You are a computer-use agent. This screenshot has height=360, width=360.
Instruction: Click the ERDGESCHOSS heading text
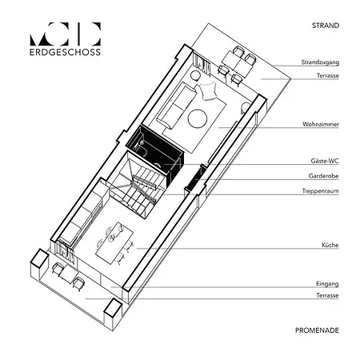click(65, 52)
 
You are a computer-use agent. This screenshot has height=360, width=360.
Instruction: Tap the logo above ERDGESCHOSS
click(65, 34)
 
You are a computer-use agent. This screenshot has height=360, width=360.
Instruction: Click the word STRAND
click(326, 26)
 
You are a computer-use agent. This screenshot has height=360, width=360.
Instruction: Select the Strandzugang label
click(320, 62)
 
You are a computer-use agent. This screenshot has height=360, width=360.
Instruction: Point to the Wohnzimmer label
click(321, 124)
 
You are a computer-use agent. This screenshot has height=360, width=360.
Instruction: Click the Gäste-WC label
click(325, 161)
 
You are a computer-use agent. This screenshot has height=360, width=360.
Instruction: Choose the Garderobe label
click(323, 176)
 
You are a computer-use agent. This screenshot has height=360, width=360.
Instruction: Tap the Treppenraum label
click(320, 191)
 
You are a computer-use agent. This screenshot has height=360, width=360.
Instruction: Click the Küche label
click(330, 245)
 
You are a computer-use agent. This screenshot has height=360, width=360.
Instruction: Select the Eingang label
click(327, 284)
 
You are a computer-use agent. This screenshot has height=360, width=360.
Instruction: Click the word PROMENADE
click(317, 330)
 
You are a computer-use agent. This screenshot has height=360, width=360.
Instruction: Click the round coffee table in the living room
click(198, 118)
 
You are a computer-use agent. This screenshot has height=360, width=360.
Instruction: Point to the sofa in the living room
click(176, 106)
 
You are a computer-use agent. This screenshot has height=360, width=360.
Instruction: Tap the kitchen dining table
click(114, 242)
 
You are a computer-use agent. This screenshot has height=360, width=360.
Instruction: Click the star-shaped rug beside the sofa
click(208, 91)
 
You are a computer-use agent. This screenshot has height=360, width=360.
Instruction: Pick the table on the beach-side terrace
click(238, 64)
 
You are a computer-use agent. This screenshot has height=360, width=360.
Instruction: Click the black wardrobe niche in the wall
click(194, 178)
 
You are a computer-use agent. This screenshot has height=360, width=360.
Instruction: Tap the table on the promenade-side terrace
click(67, 275)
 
